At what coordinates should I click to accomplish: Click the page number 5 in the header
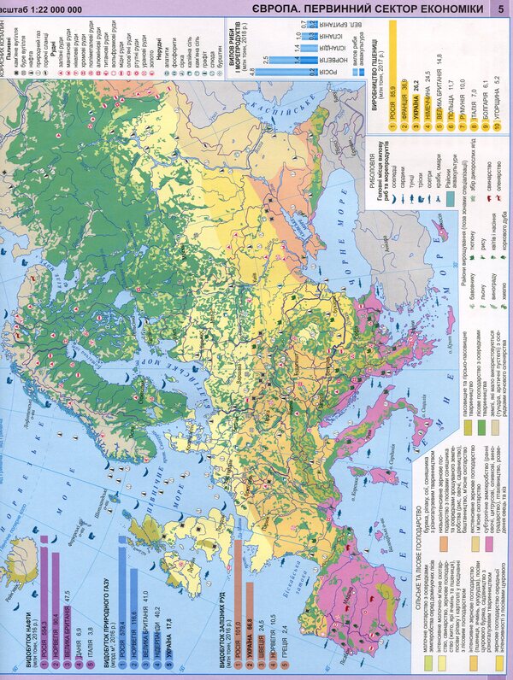click(x=500, y=9)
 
